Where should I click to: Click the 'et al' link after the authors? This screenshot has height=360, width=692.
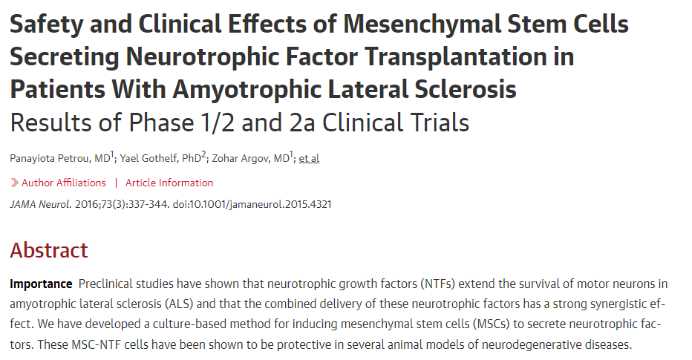tap(309, 158)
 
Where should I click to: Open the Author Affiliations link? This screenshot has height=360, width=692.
tap(63, 183)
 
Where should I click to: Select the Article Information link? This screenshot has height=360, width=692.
tap(169, 183)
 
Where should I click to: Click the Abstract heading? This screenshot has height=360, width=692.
tap(49, 250)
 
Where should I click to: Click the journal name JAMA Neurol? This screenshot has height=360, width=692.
tap(41, 204)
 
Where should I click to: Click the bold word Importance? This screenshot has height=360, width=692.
tap(41, 284)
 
